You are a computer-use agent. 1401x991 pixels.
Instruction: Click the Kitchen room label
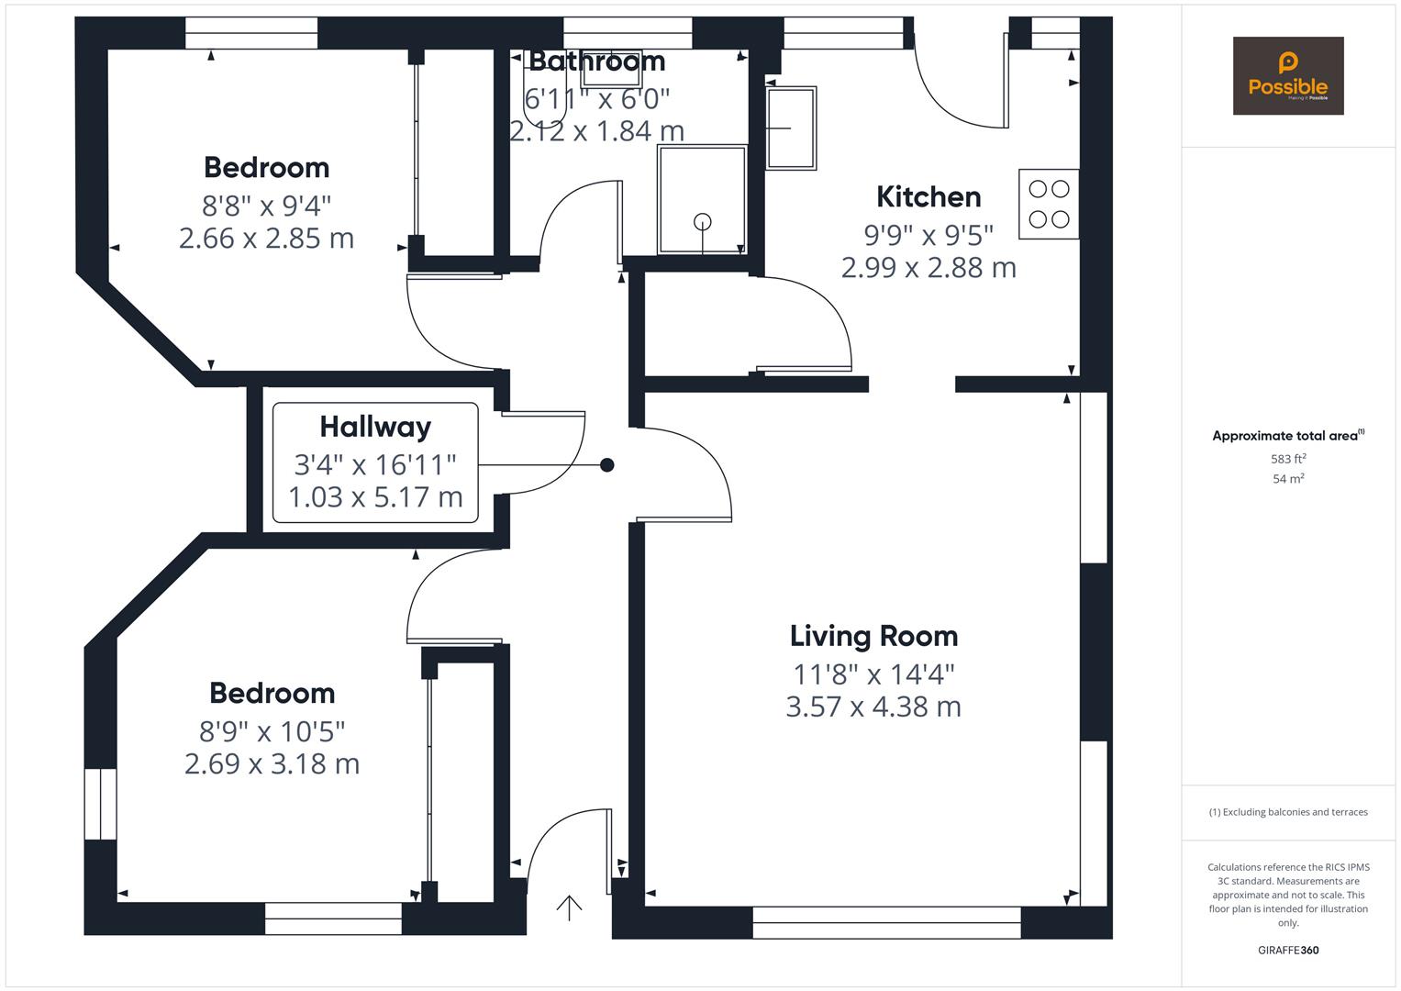pyautogui.click(x=928, y=197)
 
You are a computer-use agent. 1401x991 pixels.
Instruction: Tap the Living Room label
pyautogui.click(x=873, y=636)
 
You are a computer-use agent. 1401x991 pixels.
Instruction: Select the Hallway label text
pyautogui.click(x=375, y=428)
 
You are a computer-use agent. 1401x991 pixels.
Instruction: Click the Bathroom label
pyautogui.click(x=597, y=61)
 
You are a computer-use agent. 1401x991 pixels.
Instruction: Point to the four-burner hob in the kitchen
pyautogui.click(x=1049, y=204)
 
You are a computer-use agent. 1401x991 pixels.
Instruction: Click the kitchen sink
pyautogui.click(x=791, y=128)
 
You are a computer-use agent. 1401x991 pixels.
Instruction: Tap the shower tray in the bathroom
pyautogui.click(x=702, y=200)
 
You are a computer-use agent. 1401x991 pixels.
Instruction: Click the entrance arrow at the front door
pyautogui.click(x=569, y=907)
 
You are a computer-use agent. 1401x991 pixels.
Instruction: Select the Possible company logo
pyautogui.click(x=1288, y=75)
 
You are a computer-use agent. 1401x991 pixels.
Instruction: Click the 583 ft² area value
pyautogui.click(x=1288, y=459)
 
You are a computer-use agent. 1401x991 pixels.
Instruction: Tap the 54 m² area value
pyautogui.click(x=1288, y=479)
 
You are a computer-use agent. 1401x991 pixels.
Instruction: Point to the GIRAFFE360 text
pyautogui.click(x=1288, y=951)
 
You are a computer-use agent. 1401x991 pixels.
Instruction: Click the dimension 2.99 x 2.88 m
pyautogui.click(x=928, y=268)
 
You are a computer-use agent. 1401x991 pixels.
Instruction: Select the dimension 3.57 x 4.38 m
pyautogui.click(x=873, y=707)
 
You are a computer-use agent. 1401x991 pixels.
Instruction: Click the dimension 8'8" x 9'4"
pyautogui.click(x=266, y=206)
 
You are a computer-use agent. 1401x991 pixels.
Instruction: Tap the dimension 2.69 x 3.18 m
pyautogui.click(x=272, y=763)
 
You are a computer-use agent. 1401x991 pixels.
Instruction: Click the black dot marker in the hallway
pyautogui.click(x=606, y=465)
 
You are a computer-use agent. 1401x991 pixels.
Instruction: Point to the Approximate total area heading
pyautogui.click(x=1288, y=435)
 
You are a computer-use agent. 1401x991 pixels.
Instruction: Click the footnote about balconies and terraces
pyautogui.click(x=1288, y=812)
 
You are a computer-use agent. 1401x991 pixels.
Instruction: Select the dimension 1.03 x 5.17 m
pyautogui.click(x=375, y=497)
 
